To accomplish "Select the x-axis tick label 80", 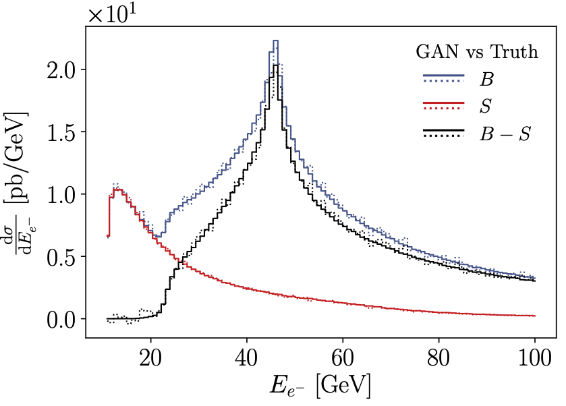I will pos(439,355).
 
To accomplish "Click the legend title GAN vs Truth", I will pos(476,52).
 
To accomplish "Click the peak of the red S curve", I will pos(117,190).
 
